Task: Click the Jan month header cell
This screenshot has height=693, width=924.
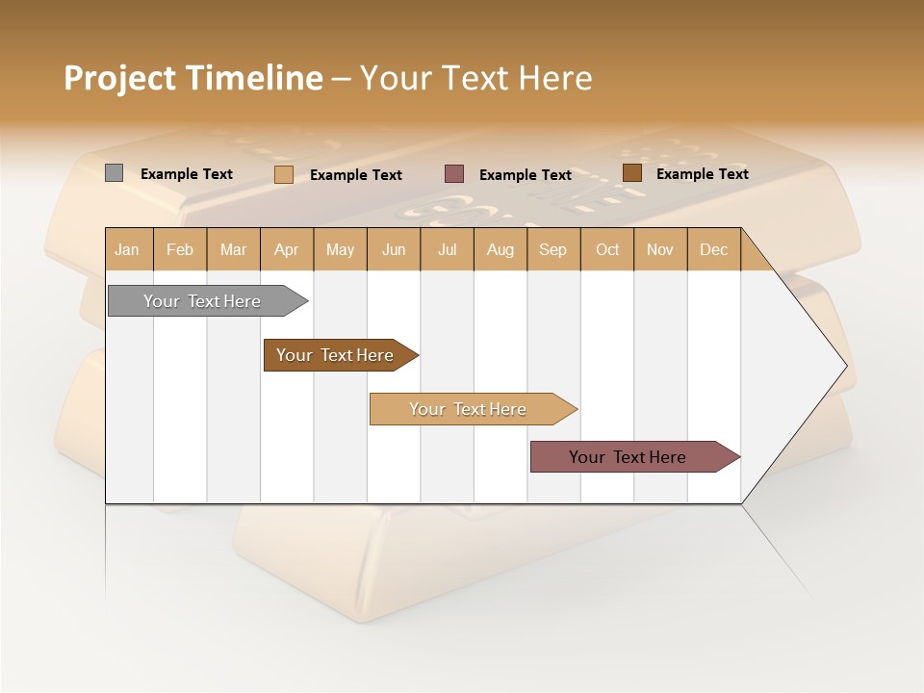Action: click(128, 249)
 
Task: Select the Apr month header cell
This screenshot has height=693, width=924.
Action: click(287, 249)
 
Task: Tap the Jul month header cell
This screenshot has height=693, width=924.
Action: click(448, 249)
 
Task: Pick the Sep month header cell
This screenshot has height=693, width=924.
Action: click(553, 249)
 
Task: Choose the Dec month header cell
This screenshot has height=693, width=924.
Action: click(713, 249)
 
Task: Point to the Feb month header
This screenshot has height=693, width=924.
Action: click(180, 249)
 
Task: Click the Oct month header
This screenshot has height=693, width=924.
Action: click(607, 249)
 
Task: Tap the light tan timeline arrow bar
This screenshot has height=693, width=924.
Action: click(469, 409)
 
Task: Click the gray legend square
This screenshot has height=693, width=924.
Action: click(114, 173)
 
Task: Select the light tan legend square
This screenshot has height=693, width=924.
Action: click(283, 174)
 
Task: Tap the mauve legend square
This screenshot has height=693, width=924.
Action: click(454, 174)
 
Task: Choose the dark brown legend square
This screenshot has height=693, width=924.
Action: click(631, 173)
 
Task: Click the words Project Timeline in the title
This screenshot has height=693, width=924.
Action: click(192, 78)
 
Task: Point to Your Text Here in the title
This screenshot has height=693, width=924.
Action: click(475, 78)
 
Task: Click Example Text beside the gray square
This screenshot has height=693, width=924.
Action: click(187, 174)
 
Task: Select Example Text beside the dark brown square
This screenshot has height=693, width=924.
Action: click(703, 174)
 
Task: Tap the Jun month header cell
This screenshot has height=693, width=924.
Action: click(394, 249)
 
